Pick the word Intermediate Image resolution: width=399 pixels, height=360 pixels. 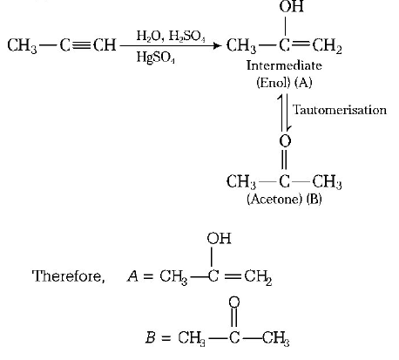(284, 65)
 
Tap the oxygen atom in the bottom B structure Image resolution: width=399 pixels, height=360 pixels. (231, 302)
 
